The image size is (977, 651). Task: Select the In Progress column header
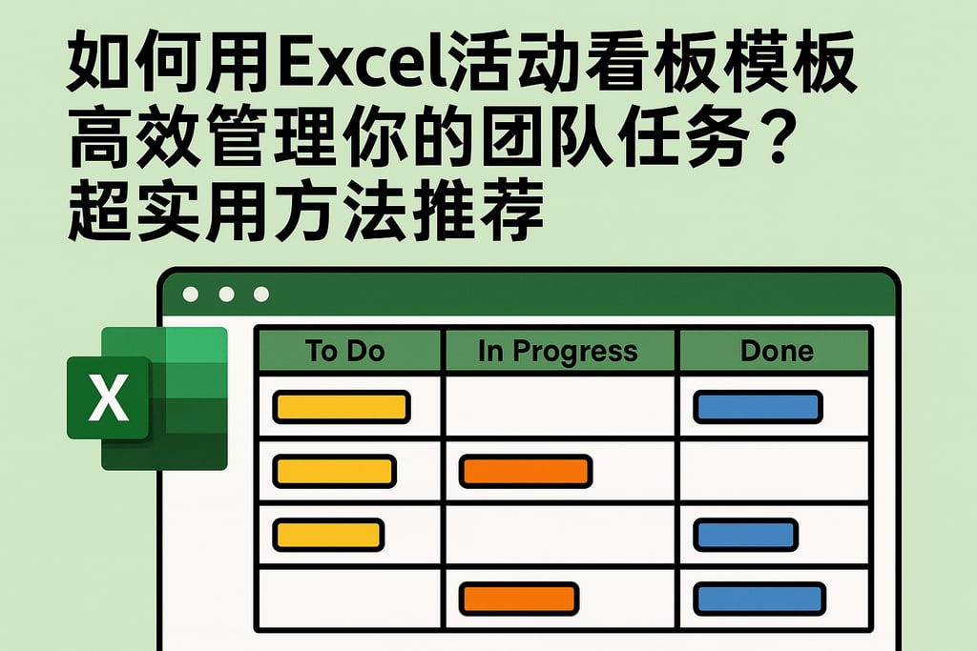point(559,350)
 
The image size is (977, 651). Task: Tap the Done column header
point(775,350)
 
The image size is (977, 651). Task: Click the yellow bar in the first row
point(342,407)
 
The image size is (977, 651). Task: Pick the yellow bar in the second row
point(334,471)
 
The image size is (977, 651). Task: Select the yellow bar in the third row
point(328,534)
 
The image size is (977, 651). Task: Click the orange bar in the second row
point(526,471)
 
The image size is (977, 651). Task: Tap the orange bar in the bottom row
point(519,598)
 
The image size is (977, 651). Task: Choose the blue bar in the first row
point(758,407)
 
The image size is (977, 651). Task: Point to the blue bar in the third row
point(745,534)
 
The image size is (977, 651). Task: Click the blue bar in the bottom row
point(759,598)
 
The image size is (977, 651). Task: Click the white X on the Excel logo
point(108,397)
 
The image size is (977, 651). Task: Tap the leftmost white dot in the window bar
point(191,295)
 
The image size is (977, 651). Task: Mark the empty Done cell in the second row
point(775,471)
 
